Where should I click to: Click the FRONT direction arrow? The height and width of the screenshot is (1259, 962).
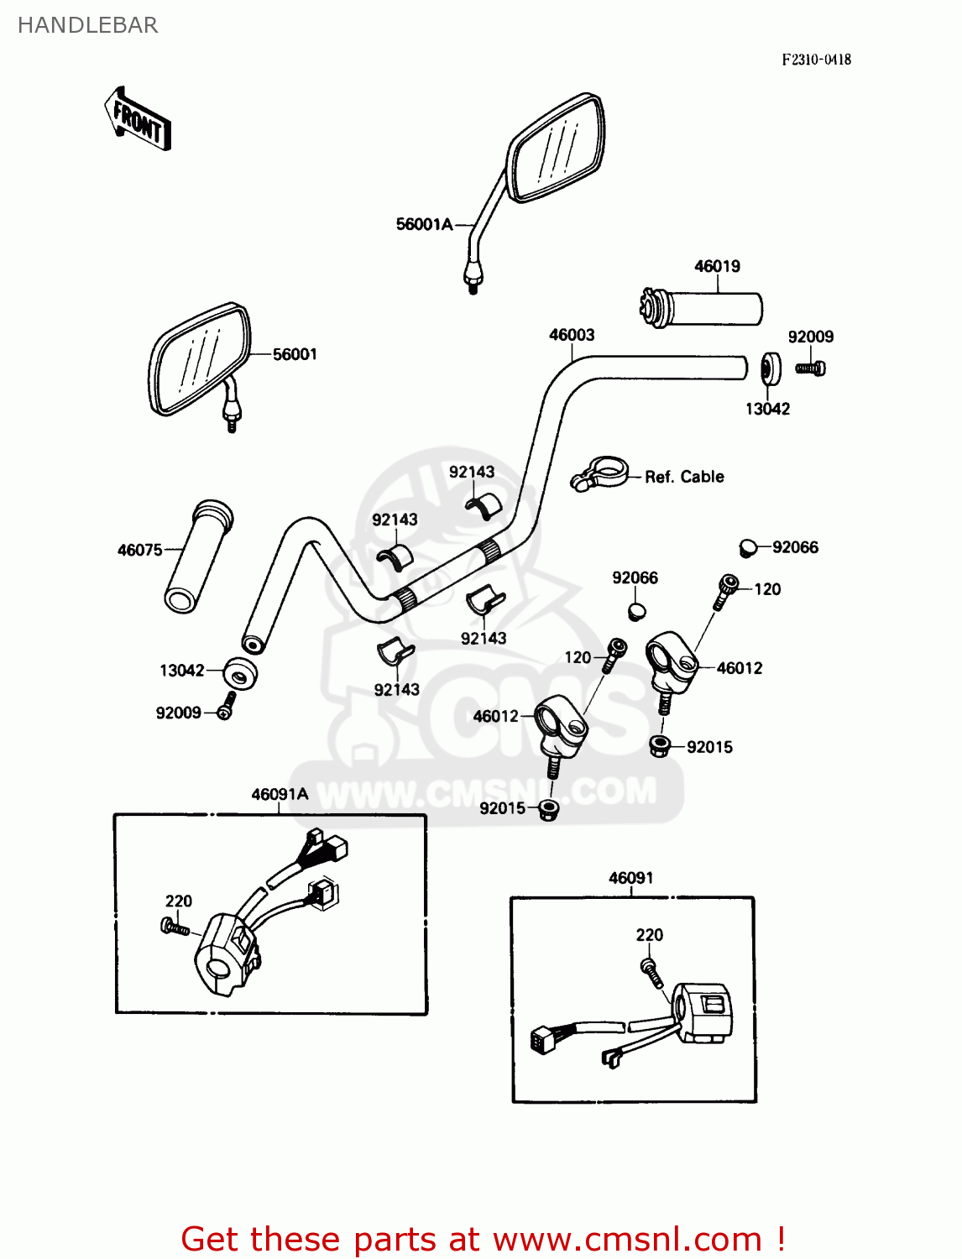coord(138,120)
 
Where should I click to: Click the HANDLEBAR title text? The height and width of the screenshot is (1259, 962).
coord(87,25)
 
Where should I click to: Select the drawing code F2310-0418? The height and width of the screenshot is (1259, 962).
coord(816,60)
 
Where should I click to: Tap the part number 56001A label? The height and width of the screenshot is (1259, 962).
coord(424,224)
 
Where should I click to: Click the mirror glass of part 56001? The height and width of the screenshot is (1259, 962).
coord(200,359)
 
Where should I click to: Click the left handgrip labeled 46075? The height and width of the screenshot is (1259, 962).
coord(197,557)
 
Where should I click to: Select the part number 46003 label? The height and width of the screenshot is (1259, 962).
coord(572,335)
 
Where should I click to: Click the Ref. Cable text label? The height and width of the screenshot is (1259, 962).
coord(684,477)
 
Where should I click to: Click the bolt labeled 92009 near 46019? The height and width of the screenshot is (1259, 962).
coord(811,368)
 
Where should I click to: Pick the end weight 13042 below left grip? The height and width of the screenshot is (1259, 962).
coord(240,673)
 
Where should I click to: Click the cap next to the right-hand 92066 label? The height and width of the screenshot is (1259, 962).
coord(747,548)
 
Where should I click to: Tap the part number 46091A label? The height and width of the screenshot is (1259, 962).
coord(280,794)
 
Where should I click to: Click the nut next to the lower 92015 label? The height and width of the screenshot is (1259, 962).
coord(549,810)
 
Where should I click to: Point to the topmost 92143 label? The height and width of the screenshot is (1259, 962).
coord(472,472)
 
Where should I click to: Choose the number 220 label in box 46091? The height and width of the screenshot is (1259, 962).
coord(649,935)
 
